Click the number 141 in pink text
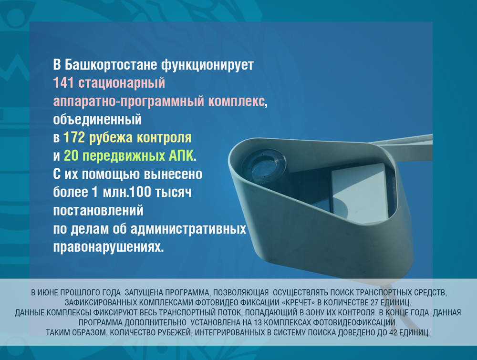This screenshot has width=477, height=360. pyautogui.click(x=63, y=82)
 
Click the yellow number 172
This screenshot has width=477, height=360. pyautogui.click(x=74, y=137)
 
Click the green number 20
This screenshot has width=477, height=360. pyautogui.click(x=71, y=155)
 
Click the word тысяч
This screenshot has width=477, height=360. pyautogui.click(x=173, y=193)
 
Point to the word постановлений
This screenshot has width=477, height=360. pyautogui.click(x=98, y=211)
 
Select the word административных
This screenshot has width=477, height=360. pyautogui.click(x=188, y=229)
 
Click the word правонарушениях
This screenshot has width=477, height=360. pyautogui.click(x=109, y=247)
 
